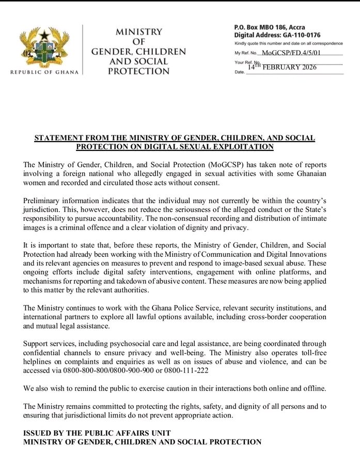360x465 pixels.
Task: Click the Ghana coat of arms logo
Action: [44, 47]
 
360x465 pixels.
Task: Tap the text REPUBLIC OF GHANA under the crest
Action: [44, 72]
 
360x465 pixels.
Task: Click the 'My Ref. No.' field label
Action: [246, 53]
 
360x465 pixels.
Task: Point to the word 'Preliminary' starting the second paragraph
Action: [43, 200]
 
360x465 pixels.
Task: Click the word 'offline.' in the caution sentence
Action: [312, 388]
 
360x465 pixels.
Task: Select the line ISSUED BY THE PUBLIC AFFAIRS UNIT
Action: [97, 432]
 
